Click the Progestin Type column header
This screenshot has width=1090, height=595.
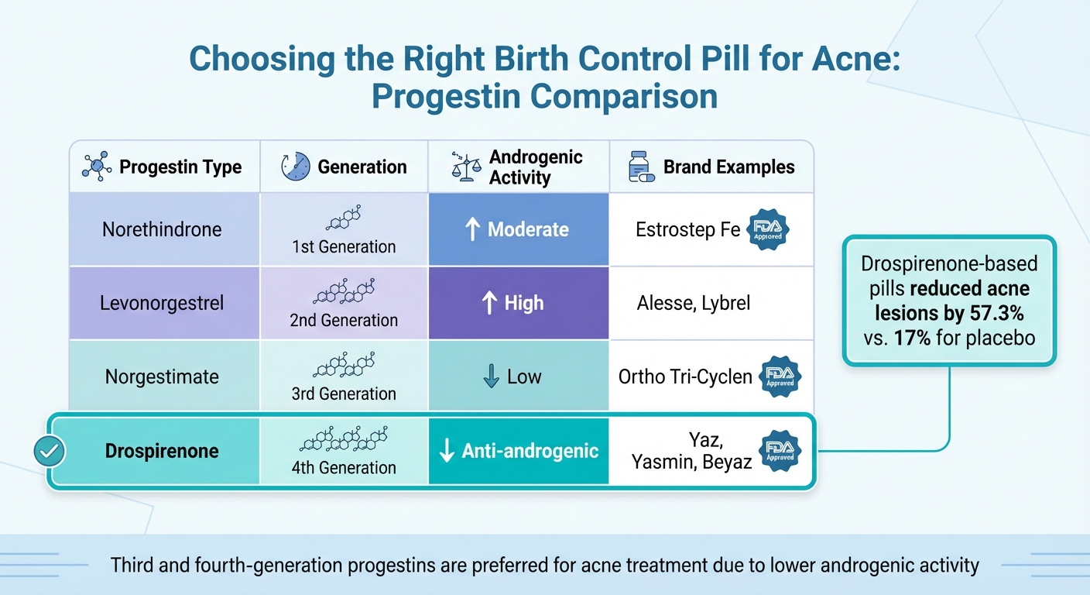[180, 167]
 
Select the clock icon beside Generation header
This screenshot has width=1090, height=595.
[296, 167]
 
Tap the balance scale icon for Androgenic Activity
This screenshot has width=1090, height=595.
[466, 167]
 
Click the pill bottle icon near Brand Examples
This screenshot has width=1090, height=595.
[640, 167]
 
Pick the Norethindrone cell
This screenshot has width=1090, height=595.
[162, 229]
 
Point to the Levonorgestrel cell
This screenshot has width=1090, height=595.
[162, 303]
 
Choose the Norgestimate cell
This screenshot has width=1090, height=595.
[162, 377]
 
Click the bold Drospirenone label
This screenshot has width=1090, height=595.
[162, 451]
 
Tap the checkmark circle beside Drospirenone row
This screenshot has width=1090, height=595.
[50, 451]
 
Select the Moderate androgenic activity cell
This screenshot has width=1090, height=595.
[518, 229]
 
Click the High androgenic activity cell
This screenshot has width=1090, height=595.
[518, 304]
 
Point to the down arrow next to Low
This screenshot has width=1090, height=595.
[491, 377]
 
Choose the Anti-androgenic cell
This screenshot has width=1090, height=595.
[518, 452]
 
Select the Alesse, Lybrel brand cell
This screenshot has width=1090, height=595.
[694, 303]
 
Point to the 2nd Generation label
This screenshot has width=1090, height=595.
[344, 320]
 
